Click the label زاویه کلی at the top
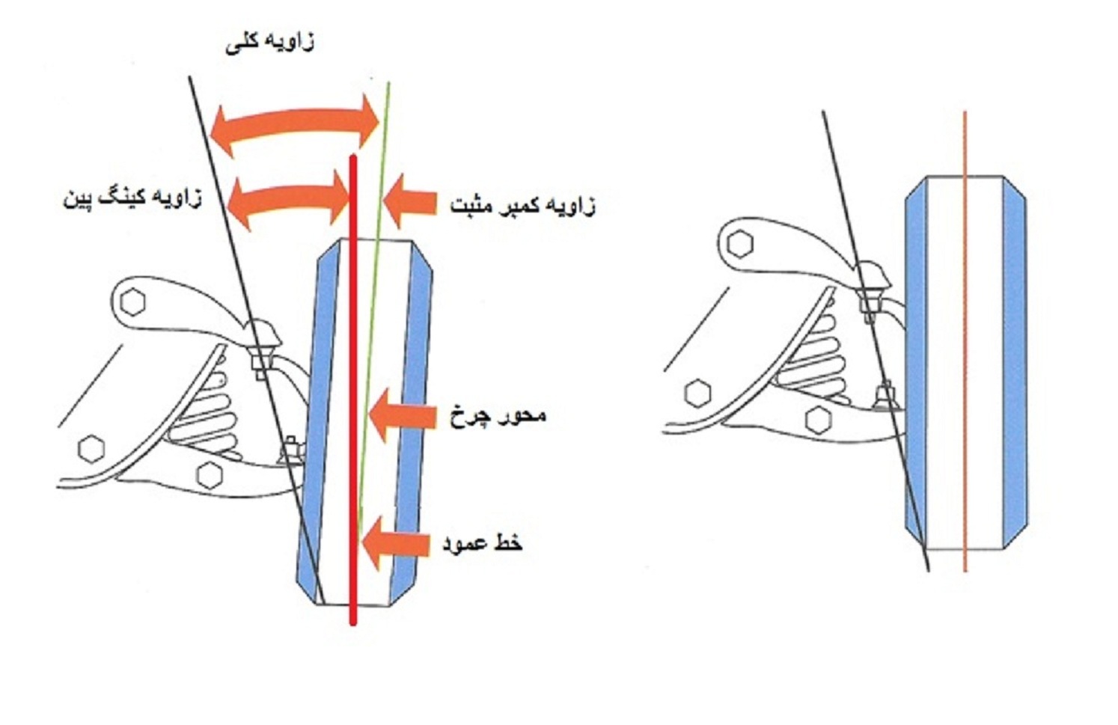(x=269, y=42)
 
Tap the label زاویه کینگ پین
(x=132, y=199)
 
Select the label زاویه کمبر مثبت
(x=522, y=204)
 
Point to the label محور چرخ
(x=498, y=415)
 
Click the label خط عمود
(x=482, y=542)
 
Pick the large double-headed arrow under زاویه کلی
(x=295, y=123)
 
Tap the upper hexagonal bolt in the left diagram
(x=133, y=302)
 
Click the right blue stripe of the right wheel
(x=1013, y=359)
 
